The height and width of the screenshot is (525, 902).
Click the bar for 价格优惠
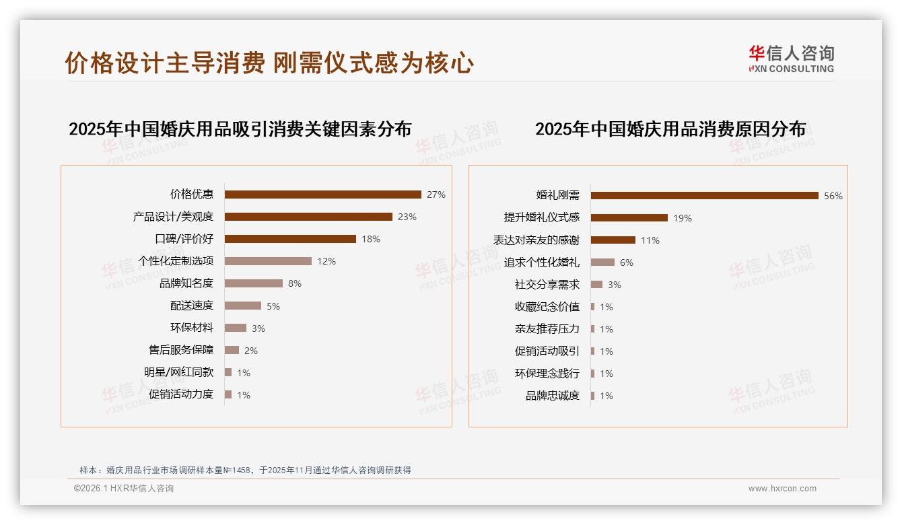322,195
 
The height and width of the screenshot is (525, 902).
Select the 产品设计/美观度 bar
308,217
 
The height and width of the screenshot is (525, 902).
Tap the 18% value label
371,239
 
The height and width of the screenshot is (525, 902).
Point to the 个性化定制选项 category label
176,261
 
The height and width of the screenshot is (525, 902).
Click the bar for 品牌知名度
253,283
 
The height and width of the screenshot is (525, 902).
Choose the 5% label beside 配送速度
273,306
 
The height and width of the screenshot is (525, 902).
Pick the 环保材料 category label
192,328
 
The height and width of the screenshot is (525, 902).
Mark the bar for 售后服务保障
232,350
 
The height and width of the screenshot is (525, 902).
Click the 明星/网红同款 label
178,372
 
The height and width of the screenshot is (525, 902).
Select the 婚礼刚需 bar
704,195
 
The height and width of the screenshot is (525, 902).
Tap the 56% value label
833,196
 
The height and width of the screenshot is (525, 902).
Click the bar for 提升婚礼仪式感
629,217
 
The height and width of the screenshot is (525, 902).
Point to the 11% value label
650,240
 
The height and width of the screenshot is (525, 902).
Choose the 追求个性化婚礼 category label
542,262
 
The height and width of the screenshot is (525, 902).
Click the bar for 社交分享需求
596,285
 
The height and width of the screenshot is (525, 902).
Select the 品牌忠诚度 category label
553,396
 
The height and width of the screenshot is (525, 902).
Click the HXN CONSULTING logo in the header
791,59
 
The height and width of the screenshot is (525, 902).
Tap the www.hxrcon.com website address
782,489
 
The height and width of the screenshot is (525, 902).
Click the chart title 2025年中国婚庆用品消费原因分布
670,129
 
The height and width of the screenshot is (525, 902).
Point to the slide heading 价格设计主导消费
165,63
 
